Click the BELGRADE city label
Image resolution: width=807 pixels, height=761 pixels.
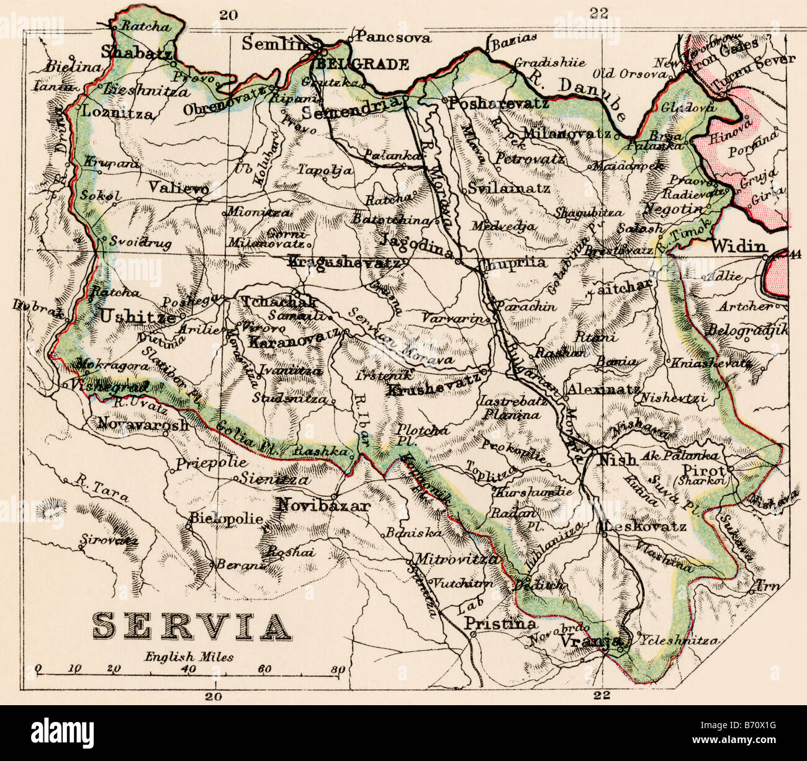(363, 64)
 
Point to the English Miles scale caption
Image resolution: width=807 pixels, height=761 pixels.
(189, 656)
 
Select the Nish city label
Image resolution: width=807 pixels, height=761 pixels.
(617, 460)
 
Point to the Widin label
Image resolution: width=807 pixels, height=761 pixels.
(739, 246)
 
